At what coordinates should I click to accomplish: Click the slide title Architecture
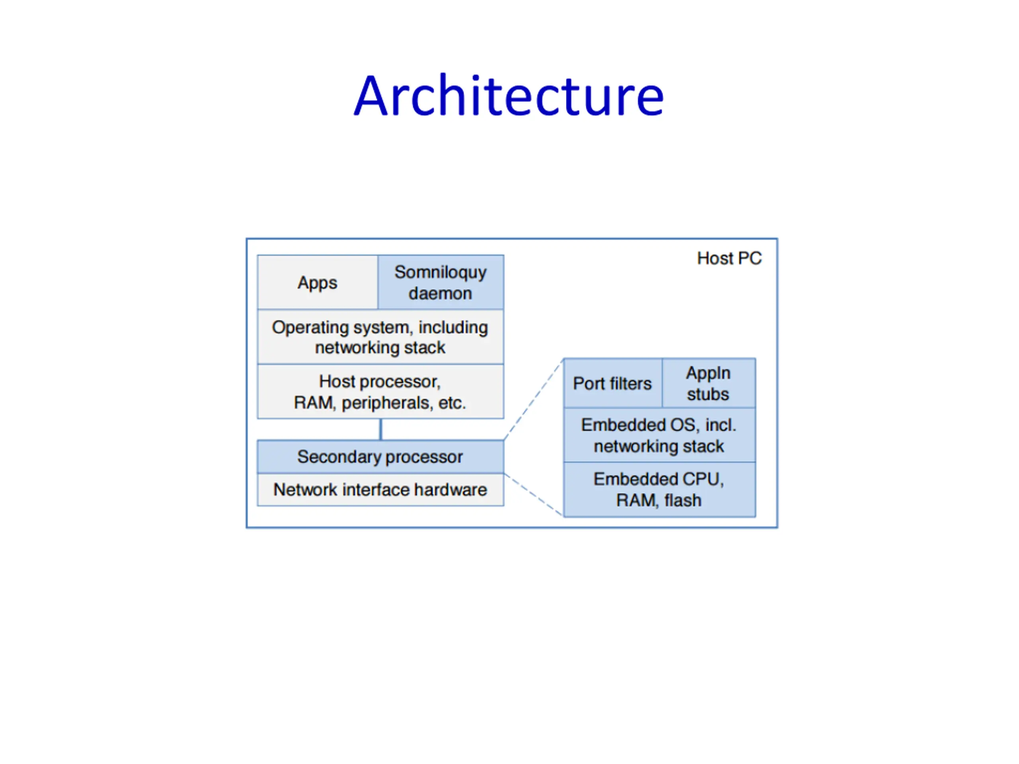[x=509, y=96]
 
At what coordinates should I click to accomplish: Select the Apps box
[x=317, y=282]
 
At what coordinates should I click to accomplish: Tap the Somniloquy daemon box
[x=440, y=282]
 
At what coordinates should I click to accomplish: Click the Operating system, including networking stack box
[x=380, y=337]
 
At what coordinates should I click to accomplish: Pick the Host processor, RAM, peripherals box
[x=380, y=392]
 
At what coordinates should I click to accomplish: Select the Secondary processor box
[x=380, y=456]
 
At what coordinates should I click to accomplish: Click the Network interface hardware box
[x=380, y=489]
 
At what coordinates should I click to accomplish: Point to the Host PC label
[x=729, y=258]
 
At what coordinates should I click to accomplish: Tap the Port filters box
[x=612, y=383]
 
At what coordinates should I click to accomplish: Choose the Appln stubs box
[x=708, y=383]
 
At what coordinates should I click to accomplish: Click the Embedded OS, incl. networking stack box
[x=659, y=435]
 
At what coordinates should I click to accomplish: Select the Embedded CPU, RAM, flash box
[x=659, y=489]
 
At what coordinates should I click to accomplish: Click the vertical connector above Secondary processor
[x=381, y=429]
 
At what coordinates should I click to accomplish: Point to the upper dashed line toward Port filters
[x=533, y=399]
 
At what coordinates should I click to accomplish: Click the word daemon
[x=440, y=293]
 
